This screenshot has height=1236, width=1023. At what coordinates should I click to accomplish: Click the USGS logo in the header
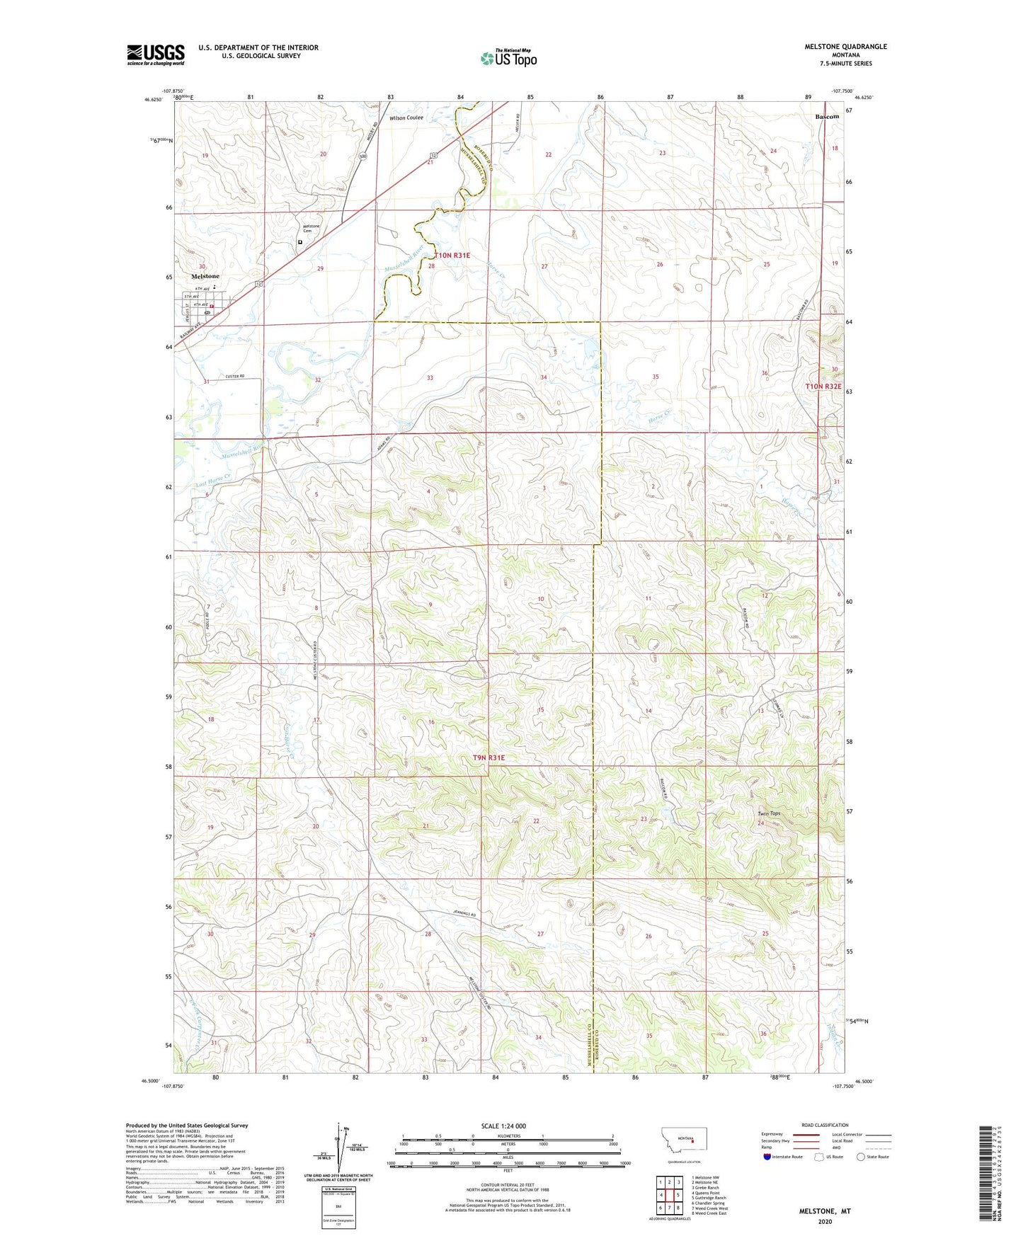click(156, 54)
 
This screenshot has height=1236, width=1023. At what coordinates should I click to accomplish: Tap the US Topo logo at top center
click(508, 58)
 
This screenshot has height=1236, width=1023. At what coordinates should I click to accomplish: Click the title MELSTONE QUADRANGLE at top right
click(845, 47)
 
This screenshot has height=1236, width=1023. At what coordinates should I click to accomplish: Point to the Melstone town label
click(205, 276)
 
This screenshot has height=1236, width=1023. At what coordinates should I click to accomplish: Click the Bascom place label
click(826, 116)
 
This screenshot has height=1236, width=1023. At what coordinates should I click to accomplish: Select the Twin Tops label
click(769, 813)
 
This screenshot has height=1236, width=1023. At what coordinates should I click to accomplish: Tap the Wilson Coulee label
click(406, 118)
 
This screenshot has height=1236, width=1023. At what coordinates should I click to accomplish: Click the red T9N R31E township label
click(489, 757)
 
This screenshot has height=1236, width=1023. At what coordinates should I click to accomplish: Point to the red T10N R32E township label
click(823, 387)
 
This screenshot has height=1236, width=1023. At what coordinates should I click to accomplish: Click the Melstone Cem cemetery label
click(312, 228)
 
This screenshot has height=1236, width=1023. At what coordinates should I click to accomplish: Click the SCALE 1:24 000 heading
click(503, 1126)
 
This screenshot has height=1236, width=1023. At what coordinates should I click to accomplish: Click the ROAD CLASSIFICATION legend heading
click(825, 1125)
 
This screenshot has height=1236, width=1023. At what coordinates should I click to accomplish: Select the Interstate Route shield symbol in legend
click(767, 1157)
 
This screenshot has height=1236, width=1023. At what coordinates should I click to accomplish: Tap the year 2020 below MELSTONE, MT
click(825, 1221)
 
